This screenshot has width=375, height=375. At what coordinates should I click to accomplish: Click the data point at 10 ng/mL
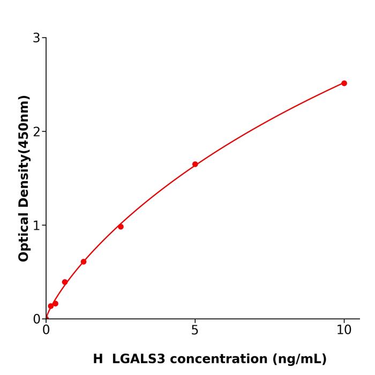[x=344, y=83]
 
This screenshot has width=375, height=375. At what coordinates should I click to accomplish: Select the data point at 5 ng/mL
[x=195, y=164]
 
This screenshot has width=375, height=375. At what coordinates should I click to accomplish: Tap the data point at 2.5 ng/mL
[x=121, y=227]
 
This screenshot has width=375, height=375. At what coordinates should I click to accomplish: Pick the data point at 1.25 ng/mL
[x=84, y=262]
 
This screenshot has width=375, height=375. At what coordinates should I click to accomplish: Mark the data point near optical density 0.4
[x=65, y=282]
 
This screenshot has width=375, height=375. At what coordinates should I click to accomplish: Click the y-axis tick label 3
[x=36, y=37]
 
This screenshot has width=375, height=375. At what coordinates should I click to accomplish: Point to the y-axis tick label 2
[x=36, y=131]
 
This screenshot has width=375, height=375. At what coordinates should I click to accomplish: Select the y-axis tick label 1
[x=36, y=225]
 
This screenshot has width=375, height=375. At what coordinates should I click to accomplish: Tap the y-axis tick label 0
[x=36, y=319]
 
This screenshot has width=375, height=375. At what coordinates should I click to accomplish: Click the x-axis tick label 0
[x=46, y=330]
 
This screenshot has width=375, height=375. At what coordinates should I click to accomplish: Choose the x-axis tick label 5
[x=195, y=330]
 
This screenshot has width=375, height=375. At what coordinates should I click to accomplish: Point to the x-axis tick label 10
[x=344, y=330]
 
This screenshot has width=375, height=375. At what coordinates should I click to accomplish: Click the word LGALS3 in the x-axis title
[x=139, y=359]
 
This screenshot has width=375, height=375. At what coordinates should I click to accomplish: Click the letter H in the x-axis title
[x=97, y=359]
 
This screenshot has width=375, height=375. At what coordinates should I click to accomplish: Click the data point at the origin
[x=46, y=318]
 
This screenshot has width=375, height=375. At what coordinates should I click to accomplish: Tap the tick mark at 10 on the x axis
[x=344, y=321]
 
